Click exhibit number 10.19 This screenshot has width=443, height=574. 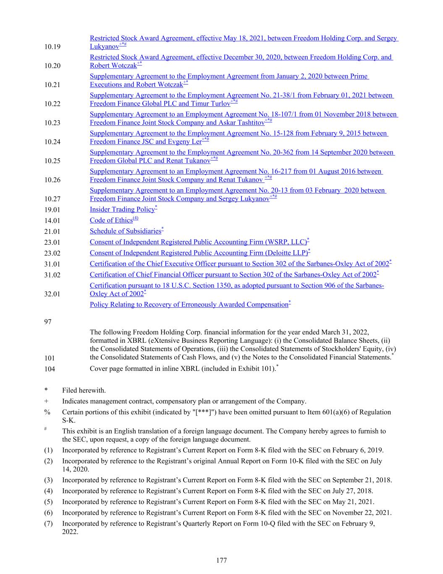pyautogui.click(x=52, y=47)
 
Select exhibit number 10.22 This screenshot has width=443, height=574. pyautogui.click(x=52, y=104)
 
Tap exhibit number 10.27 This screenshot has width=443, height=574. pyautogui.click(x=52, y=199)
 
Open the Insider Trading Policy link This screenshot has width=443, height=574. pyautogui.click(x=122, y=209)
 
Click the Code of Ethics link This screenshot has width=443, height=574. pyautogui.click(x=111, y=220)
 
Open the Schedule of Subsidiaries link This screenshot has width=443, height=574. pyautogui.click(x=126, y=231)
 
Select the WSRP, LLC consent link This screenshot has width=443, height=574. pyautogui.click(x=198, y=242)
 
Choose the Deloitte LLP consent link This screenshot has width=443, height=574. pyautogui.click(x=199, y=253)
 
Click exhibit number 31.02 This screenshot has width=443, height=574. pyautogui.click(x=52, y=275)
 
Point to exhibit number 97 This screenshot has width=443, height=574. pyautogui.click(x=48, y=322)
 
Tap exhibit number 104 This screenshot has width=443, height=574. pyautogui.click(x=50, y=369)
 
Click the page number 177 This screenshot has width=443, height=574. pyautogui.click(x=221, y=560)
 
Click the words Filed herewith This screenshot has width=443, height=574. pyautogui.click(x=84, y=391)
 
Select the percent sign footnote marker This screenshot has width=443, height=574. pyautogui.click(x=47, y=413)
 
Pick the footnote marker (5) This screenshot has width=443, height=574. pyautogui.click(x=49, y=502)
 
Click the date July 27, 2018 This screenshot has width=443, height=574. pyautogui.click(x=348, y=491)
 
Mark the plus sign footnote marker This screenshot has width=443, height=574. pyautogui.click(x=46, y=402)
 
